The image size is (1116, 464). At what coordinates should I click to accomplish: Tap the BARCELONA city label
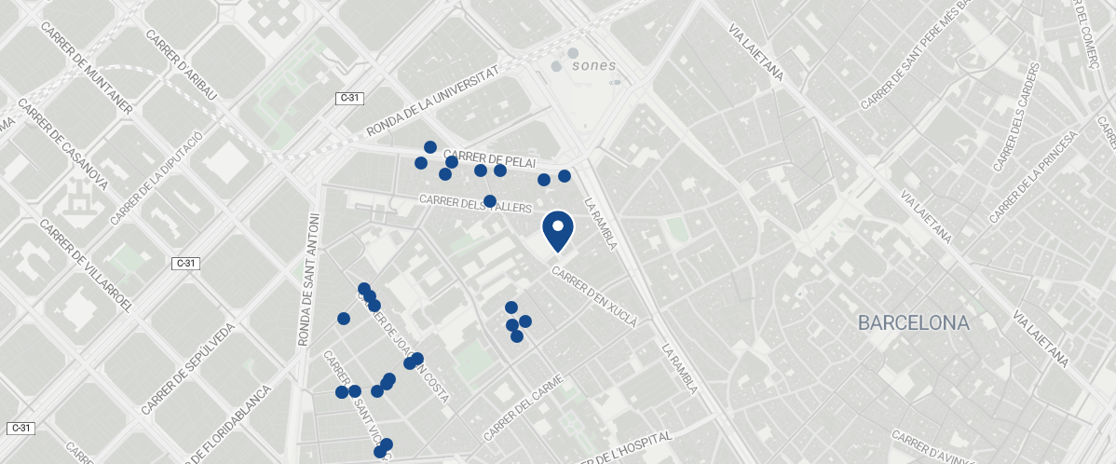tap(914, 323)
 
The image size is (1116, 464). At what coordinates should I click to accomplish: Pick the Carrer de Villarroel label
tap(88, 266)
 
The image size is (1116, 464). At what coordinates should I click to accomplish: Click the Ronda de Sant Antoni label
tap(308, 280)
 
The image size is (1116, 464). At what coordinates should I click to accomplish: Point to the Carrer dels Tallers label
tap(475, 203)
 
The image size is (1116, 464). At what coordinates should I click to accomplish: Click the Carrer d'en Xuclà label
tap(594, 297)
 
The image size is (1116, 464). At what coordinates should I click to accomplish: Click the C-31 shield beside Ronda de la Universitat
tap(349, 98)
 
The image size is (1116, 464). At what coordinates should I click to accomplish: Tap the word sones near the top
tap(593, 65)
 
